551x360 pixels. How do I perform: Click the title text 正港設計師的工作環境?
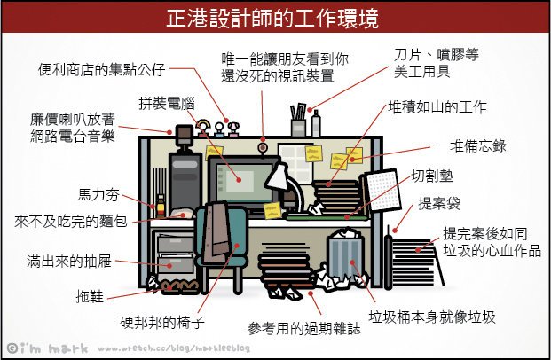pos(275,17)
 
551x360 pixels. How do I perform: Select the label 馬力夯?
pos(95,193)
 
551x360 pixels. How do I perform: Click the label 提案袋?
pos(440,204)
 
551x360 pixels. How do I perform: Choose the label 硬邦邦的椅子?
pos(162,320)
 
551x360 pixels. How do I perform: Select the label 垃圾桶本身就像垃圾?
pos(432,317)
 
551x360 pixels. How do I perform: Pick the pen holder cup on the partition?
pos(298,128)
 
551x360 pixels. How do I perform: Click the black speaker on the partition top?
pos(184,134)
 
